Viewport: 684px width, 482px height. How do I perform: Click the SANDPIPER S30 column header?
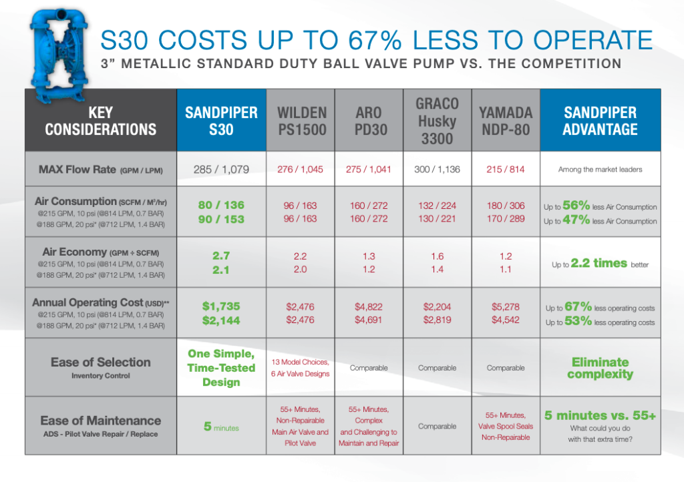click(x=220, y=120)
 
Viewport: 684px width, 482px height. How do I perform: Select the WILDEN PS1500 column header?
click(x=301, y=120)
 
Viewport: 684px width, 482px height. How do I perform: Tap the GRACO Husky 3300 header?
click(x=437, y=121)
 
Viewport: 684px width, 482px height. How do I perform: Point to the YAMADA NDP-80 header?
click(x=506, y=120)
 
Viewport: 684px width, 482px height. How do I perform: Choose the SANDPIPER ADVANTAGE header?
click(x=600, y=120)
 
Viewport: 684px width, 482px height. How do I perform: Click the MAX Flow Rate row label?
click(x=100, y=170)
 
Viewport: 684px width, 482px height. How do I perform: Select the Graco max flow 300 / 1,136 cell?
click(x=437, y=170)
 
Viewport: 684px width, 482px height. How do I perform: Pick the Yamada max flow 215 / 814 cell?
click(x=506, y=170)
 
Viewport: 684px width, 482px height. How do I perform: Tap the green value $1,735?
click(x=220, y=306)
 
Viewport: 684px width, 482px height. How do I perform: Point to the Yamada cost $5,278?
click(x=506, y=306)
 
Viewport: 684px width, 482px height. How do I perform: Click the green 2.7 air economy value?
click(x=220, y=256)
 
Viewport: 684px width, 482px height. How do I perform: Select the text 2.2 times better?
click(x=600, y=264)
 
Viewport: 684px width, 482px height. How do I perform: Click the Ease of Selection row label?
click(x=100, y=362)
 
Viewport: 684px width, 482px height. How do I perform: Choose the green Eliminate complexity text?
click(x=600, y=368)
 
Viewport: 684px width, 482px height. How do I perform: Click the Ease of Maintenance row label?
click(x=100, y=421)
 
